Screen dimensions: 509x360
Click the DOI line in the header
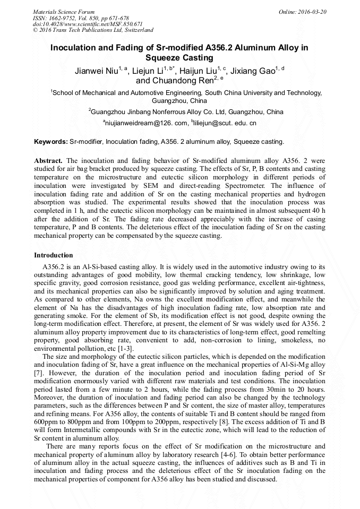pyautogui.click(x=88, y=24)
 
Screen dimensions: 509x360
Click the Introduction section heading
pyautogui.click(x=54, y=255)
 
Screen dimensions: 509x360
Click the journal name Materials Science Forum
pyautogui.click(x=64, y=12)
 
